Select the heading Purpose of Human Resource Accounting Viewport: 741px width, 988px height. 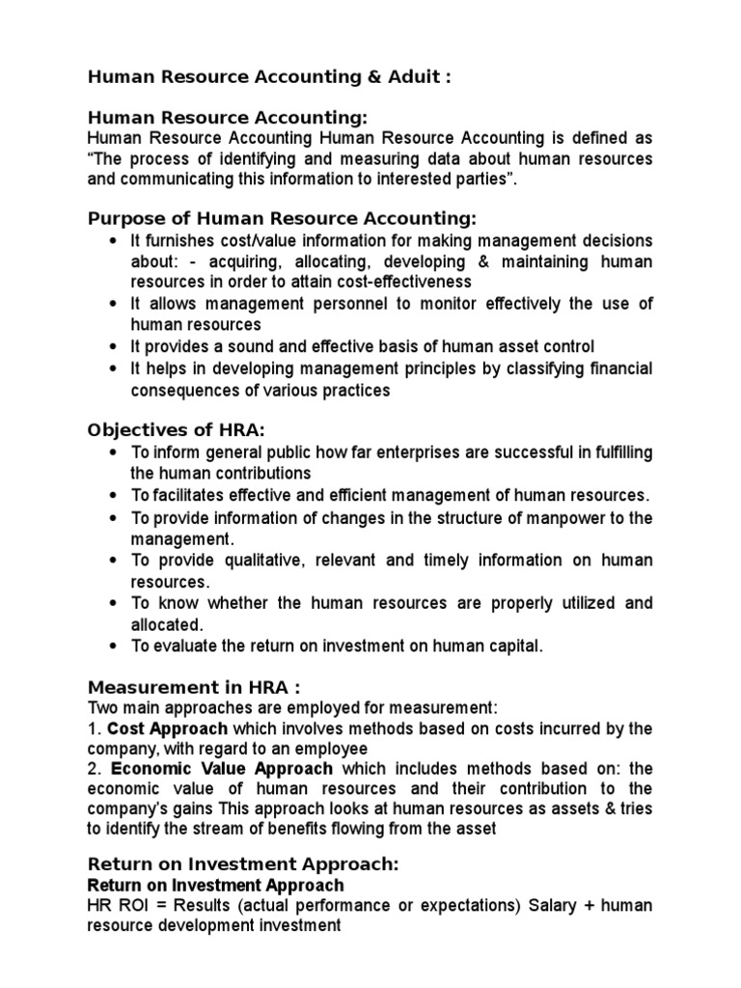282,218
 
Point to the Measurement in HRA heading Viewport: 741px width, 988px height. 194,687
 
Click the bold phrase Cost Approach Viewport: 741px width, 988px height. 168,728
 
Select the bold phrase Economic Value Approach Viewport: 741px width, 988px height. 222,770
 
